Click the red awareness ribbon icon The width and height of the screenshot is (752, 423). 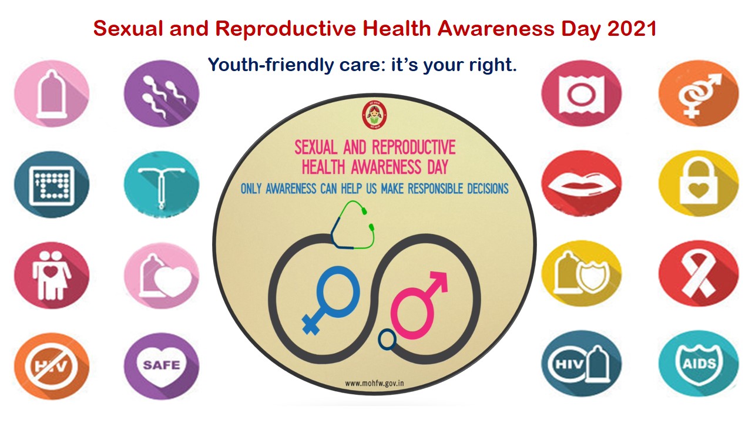698,273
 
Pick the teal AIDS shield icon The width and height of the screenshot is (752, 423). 698,362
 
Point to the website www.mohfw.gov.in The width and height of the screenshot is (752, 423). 375,383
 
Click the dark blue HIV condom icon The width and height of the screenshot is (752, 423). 580,362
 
